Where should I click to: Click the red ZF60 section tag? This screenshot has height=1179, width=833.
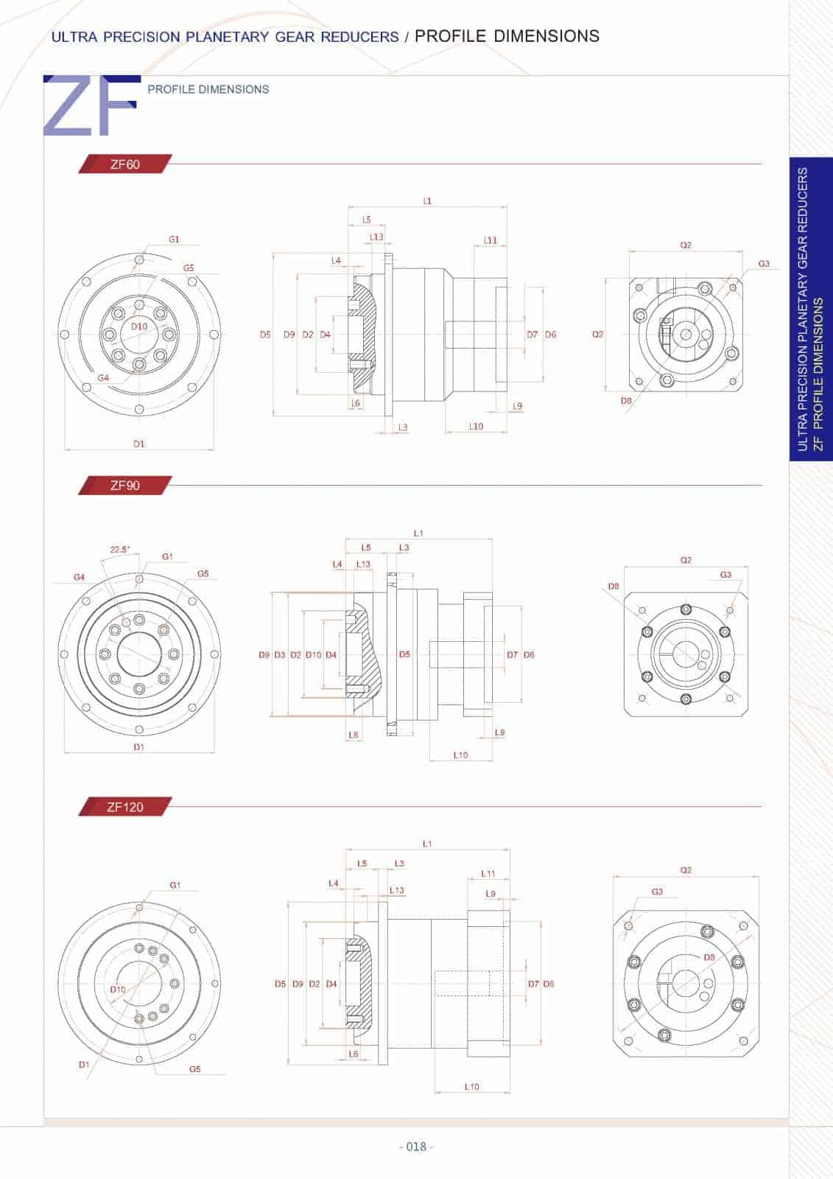click(124, 164)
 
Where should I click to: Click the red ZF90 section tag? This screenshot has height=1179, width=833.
click(124, 486)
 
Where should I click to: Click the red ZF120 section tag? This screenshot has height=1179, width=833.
click(124, 807)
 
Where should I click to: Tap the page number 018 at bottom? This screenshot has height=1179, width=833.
click(416, 1147)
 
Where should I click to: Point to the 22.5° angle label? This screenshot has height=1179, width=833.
click(119, 549)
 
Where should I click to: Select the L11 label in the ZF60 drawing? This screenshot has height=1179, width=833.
click(491, 240)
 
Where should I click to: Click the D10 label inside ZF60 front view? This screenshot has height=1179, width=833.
click(139, 326)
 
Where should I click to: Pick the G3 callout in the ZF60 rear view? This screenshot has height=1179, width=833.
click(764, 264)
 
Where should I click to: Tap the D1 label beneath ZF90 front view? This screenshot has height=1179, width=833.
click(138, 746)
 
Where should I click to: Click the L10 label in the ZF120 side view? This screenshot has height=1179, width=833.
click(471, 1086)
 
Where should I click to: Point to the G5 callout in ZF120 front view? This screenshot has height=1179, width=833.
click(194, 1068)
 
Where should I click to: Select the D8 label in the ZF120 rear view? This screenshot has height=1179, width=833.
click(709, 957)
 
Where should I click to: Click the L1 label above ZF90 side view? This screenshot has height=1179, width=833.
click(418, 533)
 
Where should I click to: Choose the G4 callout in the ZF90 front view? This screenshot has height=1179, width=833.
click(79, 577)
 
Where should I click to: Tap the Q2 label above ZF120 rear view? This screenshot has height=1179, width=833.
click(686, 870)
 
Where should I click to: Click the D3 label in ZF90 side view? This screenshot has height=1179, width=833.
click(279, 654)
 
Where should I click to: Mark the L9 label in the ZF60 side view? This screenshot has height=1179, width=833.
click(517, 406)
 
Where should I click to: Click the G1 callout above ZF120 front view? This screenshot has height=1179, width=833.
click(175, 885)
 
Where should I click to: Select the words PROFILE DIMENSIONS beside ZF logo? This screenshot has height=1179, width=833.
click(208, 89)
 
